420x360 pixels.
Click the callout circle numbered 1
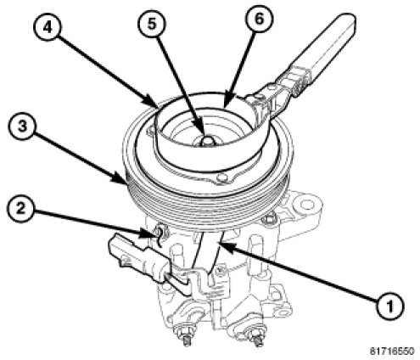(390, 306)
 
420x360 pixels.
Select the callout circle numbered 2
(20, 209)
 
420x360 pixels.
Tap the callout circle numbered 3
(22, 126)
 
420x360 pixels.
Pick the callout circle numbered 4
(48, 28)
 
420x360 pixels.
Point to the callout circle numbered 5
(152, 24)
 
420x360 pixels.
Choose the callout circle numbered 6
(259, 19)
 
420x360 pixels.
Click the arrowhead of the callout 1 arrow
(226, 245)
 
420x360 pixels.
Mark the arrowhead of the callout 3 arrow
(121, 179)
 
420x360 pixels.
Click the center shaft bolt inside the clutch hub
(208, 141)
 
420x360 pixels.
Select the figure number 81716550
(392, 352)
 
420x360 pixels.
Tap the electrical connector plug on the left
(138, 259)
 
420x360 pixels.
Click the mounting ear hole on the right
(306, 204)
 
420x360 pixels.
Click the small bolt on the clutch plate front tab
(222, 178)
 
